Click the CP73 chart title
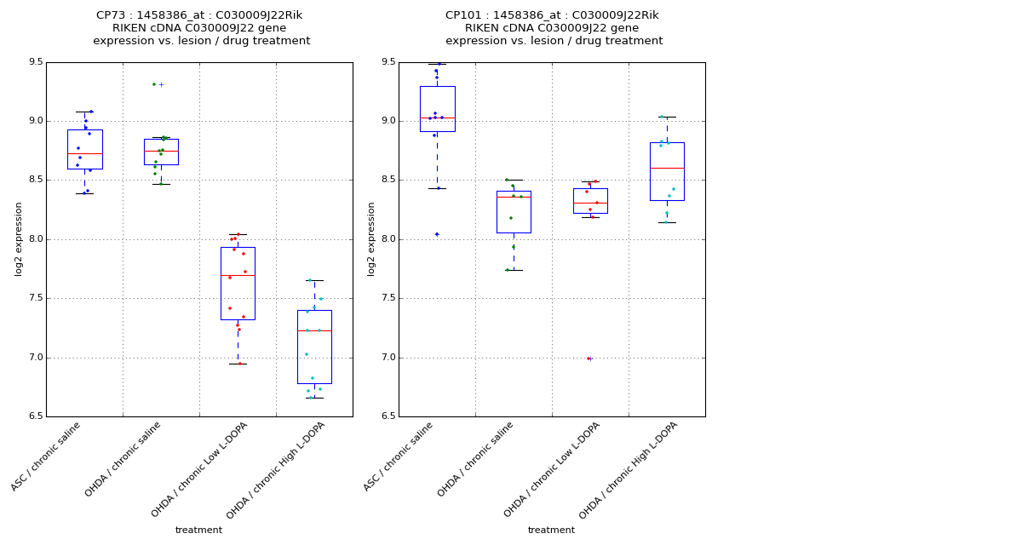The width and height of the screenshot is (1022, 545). tap(199, 28)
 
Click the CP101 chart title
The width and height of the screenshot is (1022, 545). tap(552, 28)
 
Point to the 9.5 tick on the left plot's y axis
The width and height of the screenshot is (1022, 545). tap(35, 62)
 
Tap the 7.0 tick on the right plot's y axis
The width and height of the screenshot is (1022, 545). tap(388, 358)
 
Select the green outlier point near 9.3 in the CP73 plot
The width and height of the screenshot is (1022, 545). tap(154, 84)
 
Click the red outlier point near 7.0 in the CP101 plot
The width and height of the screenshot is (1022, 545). tap(588, 359)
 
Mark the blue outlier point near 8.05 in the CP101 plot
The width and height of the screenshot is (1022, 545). tap(437, 234)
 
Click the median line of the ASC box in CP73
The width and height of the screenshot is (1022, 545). tap(84, 153)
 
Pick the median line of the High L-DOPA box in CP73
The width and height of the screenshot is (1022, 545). tap(314, 330)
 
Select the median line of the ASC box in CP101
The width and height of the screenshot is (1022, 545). tap(437, 118)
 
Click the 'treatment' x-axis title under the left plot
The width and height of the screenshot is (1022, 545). tap(198, 531)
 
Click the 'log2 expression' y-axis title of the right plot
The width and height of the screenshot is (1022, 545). tap(371, 238)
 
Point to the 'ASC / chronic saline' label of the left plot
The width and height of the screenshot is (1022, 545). tap(47, 456)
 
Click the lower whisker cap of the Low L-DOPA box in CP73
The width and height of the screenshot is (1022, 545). tap(238, 364)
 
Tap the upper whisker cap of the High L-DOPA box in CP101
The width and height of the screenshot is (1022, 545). tap(667, 117)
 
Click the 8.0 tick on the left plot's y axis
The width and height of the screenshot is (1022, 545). tap(35, 239)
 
